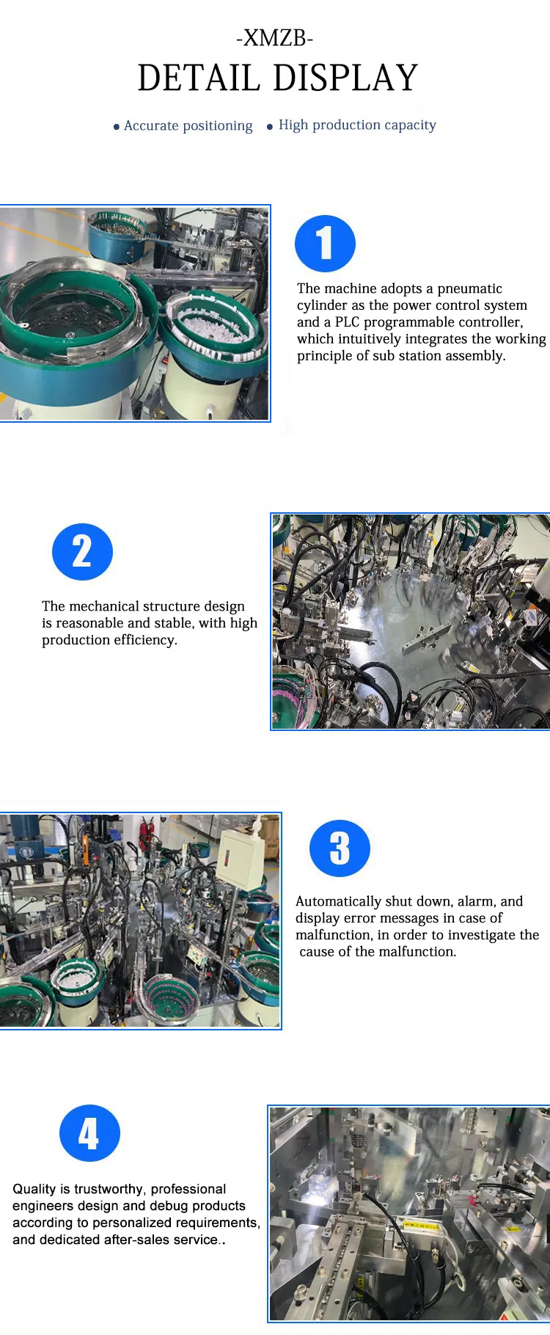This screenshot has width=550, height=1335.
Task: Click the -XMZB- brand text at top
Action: (x=275, y=38)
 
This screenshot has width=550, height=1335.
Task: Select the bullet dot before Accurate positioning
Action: (x=117, y=127)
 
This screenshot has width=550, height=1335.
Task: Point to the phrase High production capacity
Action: (x=357, y=125)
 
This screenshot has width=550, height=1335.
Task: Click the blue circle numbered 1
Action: (x=325, y=244)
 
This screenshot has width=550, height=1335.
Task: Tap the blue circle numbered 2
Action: (x=82, y=552)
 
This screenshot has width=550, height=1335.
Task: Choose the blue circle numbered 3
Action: (x=340, y=848)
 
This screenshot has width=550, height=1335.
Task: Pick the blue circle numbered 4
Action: (x=89, y=1133)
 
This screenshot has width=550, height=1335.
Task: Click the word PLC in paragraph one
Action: (x=347, y=322)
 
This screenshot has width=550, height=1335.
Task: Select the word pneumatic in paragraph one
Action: (x=469, y=288)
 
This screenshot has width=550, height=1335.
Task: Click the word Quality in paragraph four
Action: (x=34, y=1189)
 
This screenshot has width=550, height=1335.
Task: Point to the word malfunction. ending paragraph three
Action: (x=414, y=952)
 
